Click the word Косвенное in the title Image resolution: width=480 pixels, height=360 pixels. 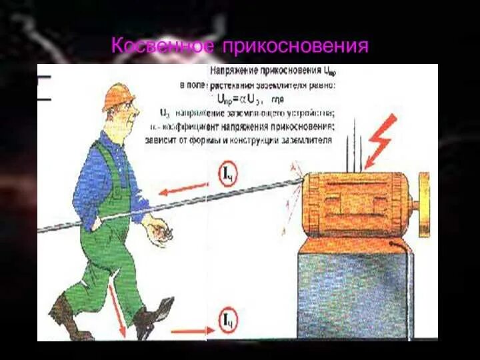[163, 46]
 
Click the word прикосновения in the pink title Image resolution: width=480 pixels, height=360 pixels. [295, 47]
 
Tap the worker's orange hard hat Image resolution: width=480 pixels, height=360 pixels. [117, 95]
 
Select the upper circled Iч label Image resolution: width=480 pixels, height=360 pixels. [227, 175]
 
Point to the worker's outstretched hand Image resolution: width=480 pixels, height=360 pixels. [159, 231]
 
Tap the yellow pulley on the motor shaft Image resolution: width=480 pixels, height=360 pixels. [423, 204]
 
